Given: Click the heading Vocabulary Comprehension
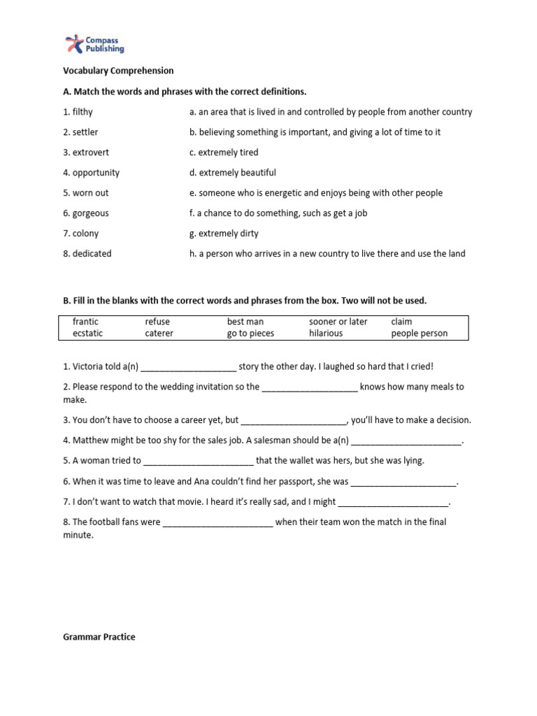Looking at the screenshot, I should click(x=118, y=71).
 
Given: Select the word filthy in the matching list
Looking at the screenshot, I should click(x=83, y=112).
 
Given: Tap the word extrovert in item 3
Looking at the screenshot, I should click(x=91, y=152).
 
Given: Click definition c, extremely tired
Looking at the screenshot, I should click(x=224, y=152).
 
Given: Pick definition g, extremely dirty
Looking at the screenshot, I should click(x=224, y=234).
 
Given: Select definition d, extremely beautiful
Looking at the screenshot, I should click(x=232, y=173).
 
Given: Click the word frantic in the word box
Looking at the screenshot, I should click(x=85, y=322).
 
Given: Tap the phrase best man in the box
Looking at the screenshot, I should click(x=245, y=322).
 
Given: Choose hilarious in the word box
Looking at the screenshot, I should click(x=326, y=334).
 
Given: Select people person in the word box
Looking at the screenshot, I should click(x=420, y=334).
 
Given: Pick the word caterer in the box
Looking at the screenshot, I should click(x=159, y=334).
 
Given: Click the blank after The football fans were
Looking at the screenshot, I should click(x=218, y=522).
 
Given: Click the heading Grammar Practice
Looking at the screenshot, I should click(x=99, y=637).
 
